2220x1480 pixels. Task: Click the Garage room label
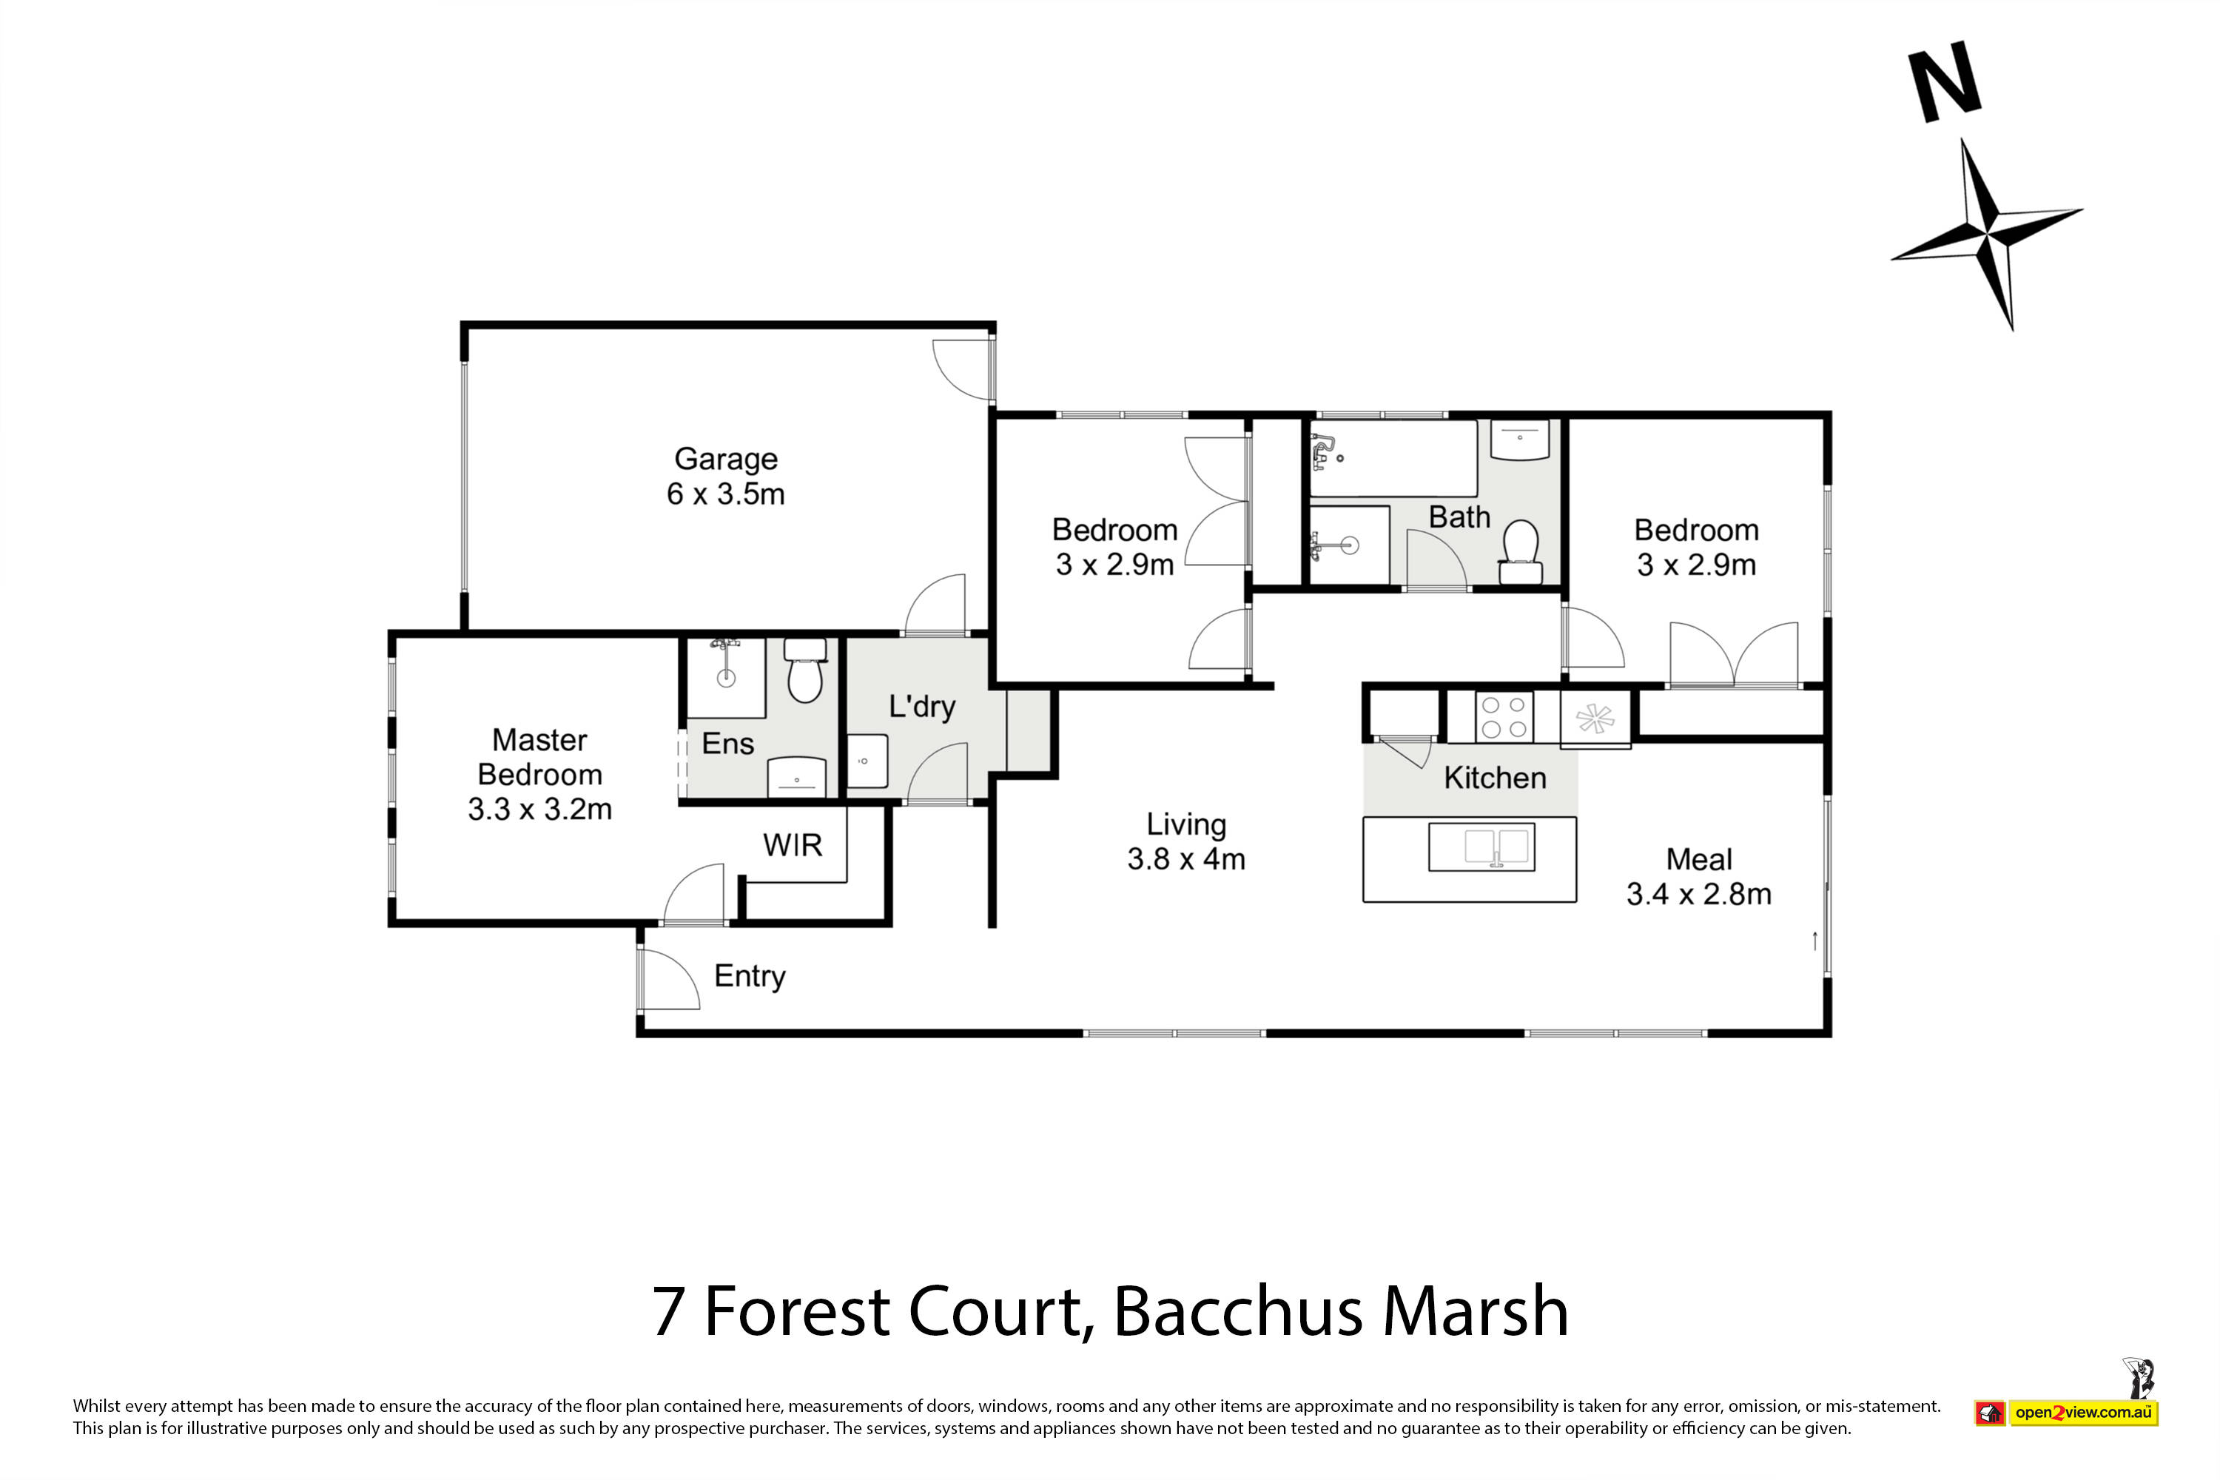[x=725, y=459]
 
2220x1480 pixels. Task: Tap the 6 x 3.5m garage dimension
[x=725, y=494]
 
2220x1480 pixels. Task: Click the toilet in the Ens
[x=805, y=671]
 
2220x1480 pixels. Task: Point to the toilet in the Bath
[x=1520, y=552]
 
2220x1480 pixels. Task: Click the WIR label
[x=792, y=845]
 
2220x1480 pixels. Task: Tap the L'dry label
[x=921, y=706]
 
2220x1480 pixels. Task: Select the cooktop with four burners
[x=1504, y=716]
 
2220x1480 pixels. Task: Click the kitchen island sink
[x=1482, y=847]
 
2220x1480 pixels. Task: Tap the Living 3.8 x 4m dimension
[x=1185, y=859]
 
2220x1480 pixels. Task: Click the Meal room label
[x=1699, y=859]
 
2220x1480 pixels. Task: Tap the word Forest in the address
[x=797, y=1312]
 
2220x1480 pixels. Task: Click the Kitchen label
[x=1495, y=778]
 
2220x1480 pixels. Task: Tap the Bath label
[x=1459, y=517]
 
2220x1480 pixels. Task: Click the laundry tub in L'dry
[x=867, y=761]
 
